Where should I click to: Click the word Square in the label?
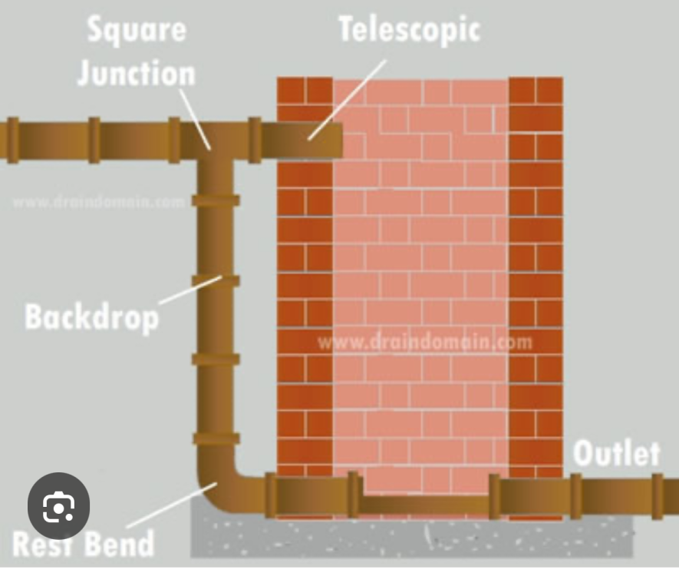click(x=136, y=29)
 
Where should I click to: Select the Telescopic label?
click(x=409, y=28)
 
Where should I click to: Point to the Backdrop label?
click(x=91, y=316)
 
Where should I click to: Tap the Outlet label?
click(x=616, y=453)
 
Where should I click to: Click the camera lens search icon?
click(x=58, y=507)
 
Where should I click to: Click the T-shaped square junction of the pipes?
click(x=215, y=142)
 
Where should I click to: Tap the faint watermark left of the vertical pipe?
click(x=98, y=202)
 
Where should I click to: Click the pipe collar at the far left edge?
click(x=12, y=140)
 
